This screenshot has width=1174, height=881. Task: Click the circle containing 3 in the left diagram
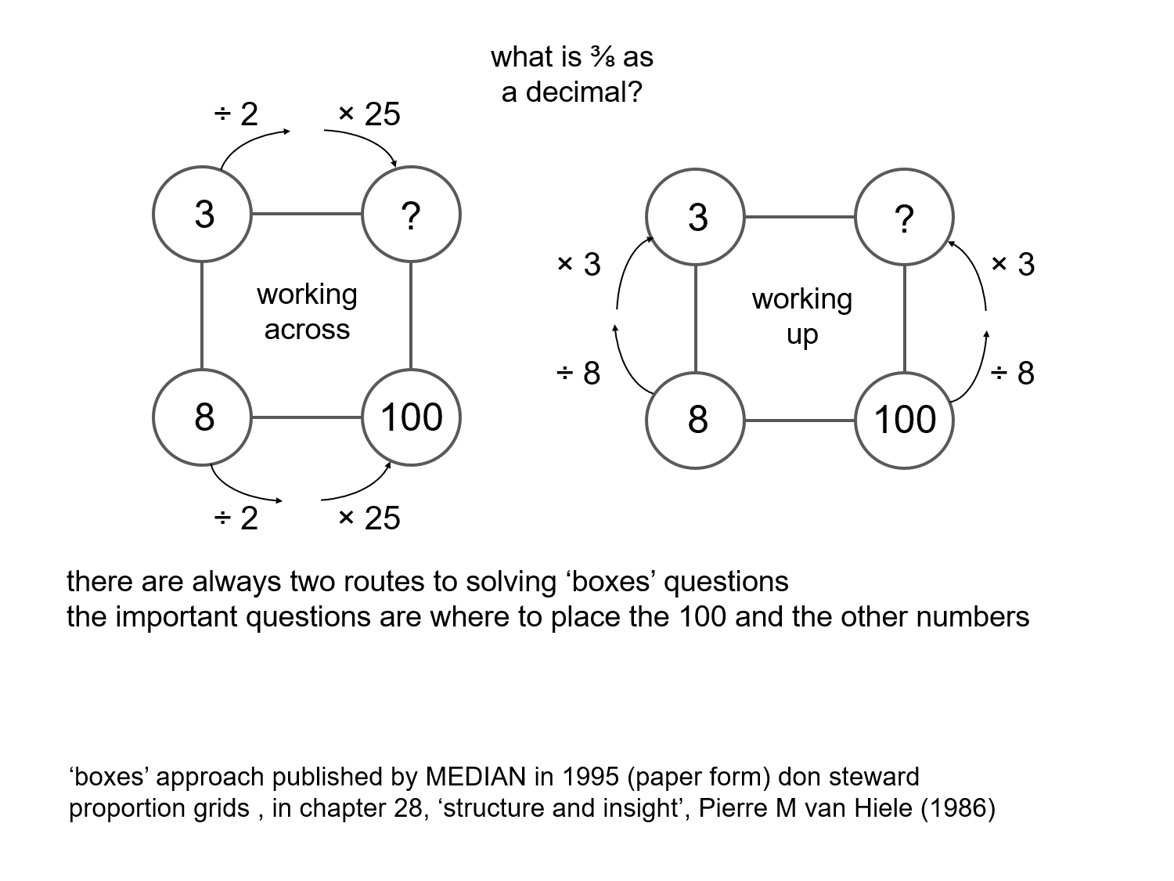tap(202, 215)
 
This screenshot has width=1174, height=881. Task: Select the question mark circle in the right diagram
tap(904, 218)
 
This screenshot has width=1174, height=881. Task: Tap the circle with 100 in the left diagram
tap(412, 417)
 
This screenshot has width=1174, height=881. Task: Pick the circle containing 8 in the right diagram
tap(696, 421)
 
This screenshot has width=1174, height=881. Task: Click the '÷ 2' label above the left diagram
tap(236, 114)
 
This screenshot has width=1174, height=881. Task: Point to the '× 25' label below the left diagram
tap(369, 518)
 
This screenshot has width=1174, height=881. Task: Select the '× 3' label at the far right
tap(1013, 265)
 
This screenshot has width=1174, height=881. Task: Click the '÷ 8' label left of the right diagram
tap(578, 374)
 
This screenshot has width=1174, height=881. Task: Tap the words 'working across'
tap(307, 312)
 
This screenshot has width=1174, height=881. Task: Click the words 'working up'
tap(801, 316)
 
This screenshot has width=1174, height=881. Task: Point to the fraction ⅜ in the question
tap(603, 58)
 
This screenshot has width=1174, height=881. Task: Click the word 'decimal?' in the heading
tap(584, 92)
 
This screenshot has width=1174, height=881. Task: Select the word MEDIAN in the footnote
tap(475, 777)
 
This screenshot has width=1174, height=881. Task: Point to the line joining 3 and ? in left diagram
tap(307, 214)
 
